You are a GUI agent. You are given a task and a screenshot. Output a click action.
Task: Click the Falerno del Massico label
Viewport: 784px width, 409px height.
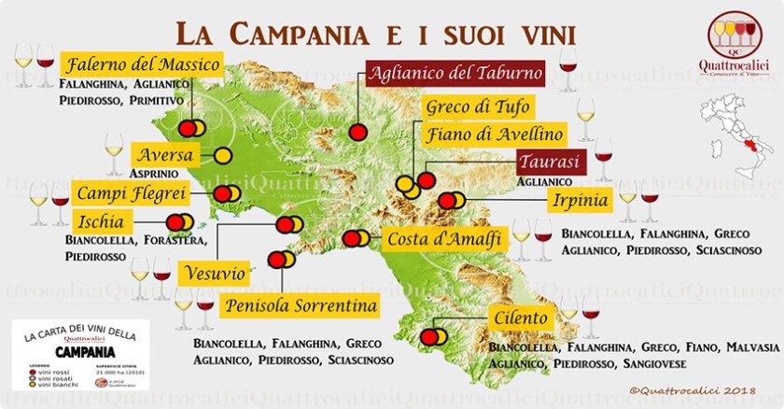142,65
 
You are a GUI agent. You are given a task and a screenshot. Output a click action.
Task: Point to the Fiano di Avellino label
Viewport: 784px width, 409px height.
495,134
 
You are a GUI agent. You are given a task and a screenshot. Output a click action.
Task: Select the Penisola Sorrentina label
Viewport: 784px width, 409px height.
301,305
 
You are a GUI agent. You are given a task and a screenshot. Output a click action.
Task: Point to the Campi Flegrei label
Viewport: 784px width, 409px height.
131,193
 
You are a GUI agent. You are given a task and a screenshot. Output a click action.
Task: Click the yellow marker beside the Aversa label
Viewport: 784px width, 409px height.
223,154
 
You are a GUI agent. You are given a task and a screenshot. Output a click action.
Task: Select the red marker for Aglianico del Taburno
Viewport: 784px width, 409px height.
357,132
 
